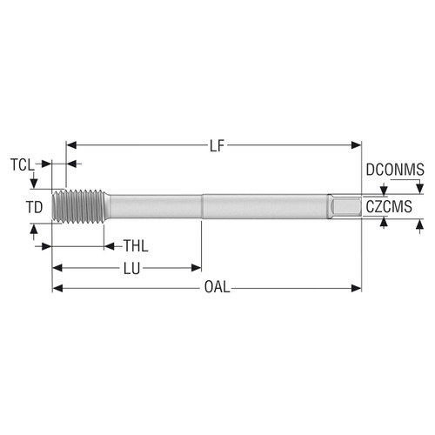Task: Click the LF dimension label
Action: coord(216,145)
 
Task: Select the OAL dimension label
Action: coord(217,288)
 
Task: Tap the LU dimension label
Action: coord(133,267)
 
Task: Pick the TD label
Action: coord(33,207)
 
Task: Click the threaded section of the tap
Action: coord(78,207)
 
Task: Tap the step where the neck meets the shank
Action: coord(203,207)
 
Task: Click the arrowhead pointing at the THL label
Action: coord(110,244)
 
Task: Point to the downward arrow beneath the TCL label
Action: coord(33,181)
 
